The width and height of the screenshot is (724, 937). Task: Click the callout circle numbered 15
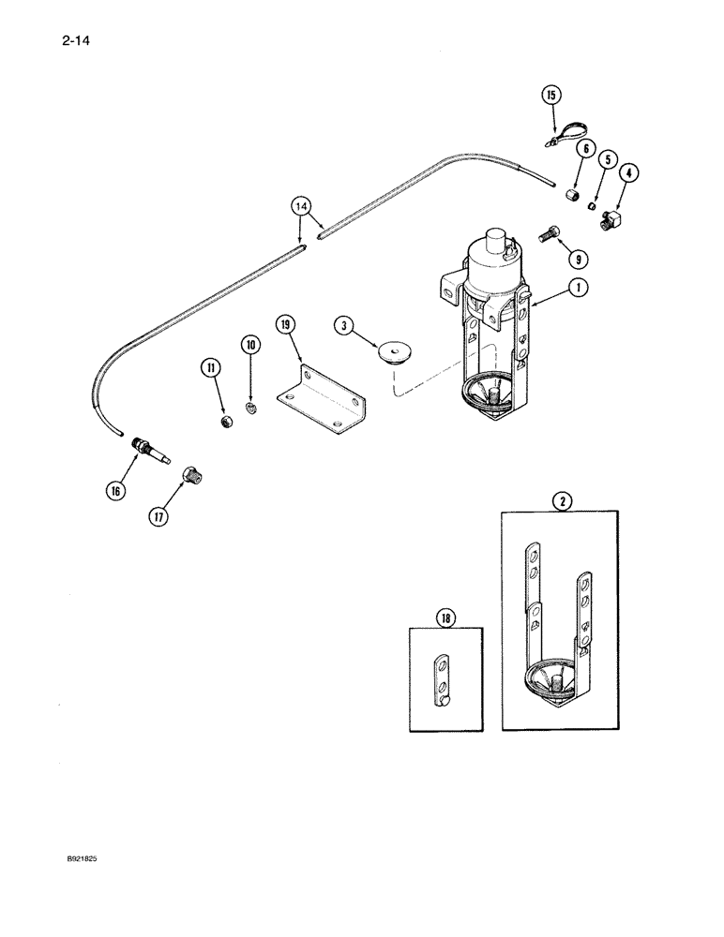click(551, 95)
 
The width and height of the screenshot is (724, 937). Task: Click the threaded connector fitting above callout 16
click(150, 446)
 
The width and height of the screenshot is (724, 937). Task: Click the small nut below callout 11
click(226, 424)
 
